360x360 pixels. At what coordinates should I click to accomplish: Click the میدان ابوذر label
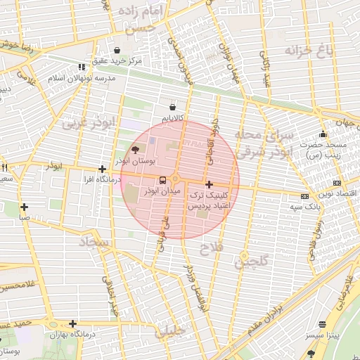point(162,191)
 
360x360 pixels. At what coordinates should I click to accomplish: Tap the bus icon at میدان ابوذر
point(163,180)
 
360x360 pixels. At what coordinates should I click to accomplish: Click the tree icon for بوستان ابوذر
point(135,150)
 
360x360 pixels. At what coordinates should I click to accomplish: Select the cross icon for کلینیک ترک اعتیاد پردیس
point(209,184)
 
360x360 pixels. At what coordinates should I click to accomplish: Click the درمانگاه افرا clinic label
point(103,180)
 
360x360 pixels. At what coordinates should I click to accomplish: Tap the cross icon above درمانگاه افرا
point(103,169)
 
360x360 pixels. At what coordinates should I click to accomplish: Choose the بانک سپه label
point(304,207)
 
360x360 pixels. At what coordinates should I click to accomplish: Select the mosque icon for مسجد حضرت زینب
point(323,134)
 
